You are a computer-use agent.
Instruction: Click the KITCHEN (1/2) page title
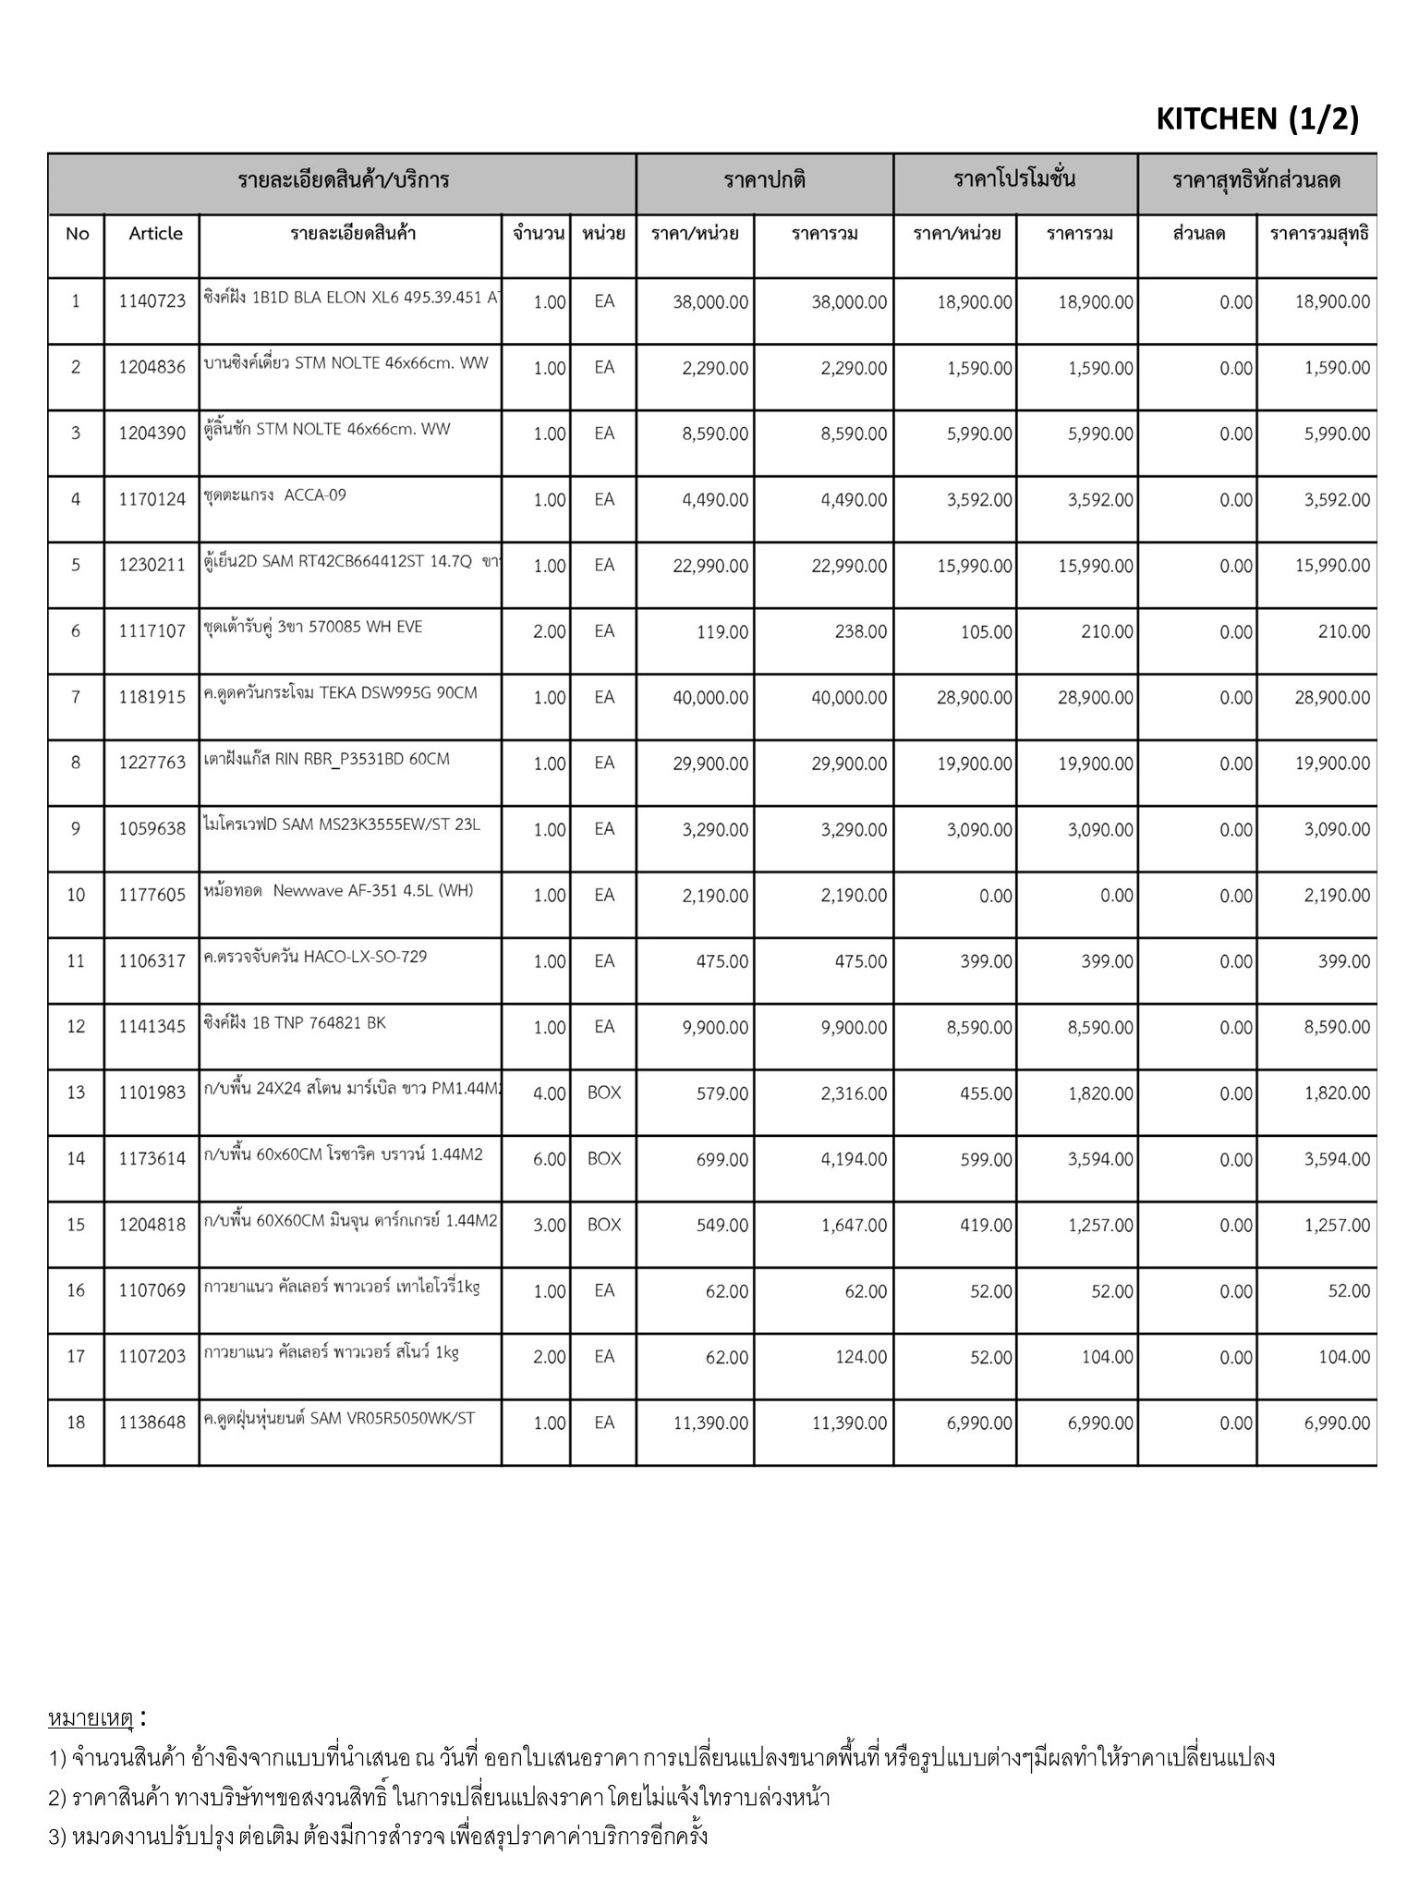click(x=1256, y=119)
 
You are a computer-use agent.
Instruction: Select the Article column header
click(x=155, y=234)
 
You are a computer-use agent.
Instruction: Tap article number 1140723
click(x=152, y=301)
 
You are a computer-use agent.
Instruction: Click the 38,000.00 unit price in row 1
click(x=710, y=302)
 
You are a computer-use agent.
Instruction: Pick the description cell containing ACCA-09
click(x=275, y=495)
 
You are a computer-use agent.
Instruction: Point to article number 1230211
click(x=152, y=565)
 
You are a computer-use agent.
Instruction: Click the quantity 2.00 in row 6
click(x=549, y=632)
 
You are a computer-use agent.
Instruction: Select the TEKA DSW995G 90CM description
click(x=340, y=693)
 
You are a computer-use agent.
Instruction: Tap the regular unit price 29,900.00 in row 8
click(x=710, y=763)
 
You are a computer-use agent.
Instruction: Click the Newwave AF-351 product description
click(x=338, y=891)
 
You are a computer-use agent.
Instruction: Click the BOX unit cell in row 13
click(x=604, y=1093)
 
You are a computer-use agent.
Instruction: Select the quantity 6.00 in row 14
click(x=549, y=1159)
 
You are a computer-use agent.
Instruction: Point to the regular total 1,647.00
click(x=854, y=1226)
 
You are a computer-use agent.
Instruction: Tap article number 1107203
click(x=152, y=1357)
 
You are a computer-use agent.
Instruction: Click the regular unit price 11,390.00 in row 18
click(x=710, y=1423)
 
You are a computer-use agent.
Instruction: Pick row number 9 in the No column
click(x=76, y=829)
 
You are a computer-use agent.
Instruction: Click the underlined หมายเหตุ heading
click(x=91, y=1719)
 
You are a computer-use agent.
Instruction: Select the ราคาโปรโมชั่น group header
click(x=1014, y=179)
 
